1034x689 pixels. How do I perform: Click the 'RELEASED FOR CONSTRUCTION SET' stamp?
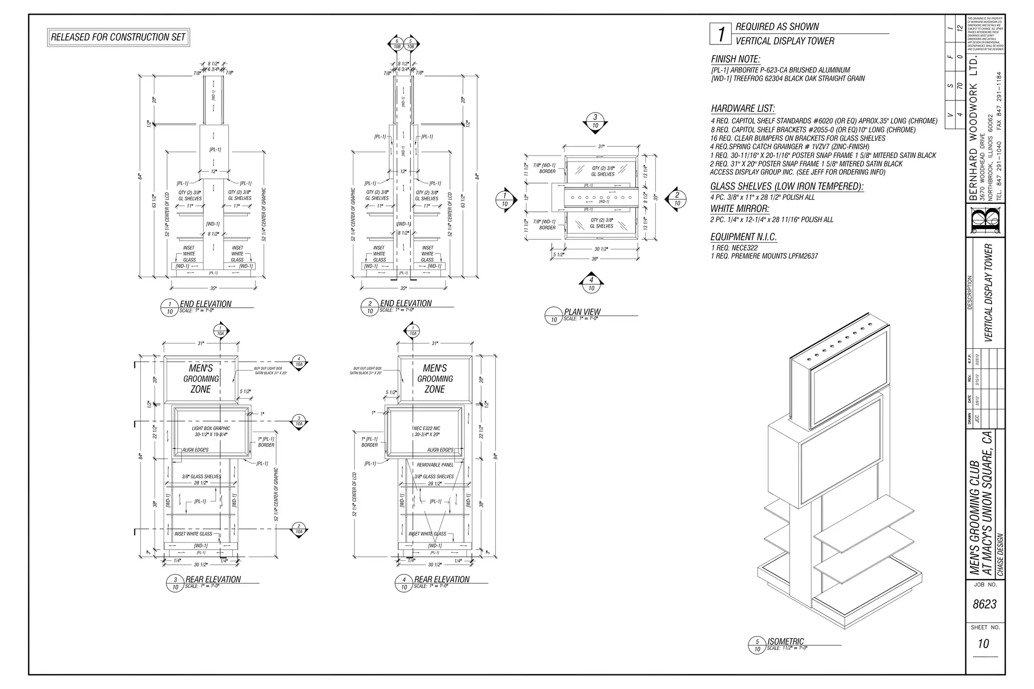point(119,37)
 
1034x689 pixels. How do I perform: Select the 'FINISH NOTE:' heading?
point(736,59)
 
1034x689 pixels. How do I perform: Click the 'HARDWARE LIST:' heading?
point(743,109)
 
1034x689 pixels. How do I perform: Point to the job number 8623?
point(984,604)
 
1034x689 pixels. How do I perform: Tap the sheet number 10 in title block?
point(983,644)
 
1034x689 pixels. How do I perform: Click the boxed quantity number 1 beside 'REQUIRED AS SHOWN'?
point(721,34)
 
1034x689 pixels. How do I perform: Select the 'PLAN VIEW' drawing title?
point(582,312)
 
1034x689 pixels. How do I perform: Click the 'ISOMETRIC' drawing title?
point(785,641)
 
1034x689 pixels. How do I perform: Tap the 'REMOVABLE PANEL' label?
point(435,465)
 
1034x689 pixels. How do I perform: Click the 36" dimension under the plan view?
point(595,259)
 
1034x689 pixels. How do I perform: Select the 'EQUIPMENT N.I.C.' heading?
point(743,237)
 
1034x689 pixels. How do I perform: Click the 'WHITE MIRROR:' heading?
point(740,208)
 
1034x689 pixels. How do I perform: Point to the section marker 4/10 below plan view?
point(591,284)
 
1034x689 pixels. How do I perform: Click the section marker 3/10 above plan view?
point(595,122)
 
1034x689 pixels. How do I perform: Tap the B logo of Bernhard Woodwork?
point(985,220)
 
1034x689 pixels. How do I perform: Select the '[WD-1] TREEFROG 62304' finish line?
point(788,79)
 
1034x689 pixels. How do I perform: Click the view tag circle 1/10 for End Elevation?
point(170,308)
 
